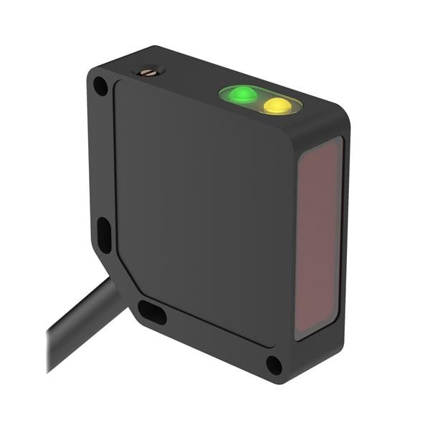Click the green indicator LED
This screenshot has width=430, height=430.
(243, 95)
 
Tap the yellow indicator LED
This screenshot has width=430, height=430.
(277, 106)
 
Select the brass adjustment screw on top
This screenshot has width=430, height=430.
(150, 71)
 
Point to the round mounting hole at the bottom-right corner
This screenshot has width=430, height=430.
(274, 364)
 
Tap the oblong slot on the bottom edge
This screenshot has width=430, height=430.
(152, 312)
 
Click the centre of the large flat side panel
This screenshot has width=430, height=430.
(204, 215)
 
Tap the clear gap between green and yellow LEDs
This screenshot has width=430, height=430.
(260, 100)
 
